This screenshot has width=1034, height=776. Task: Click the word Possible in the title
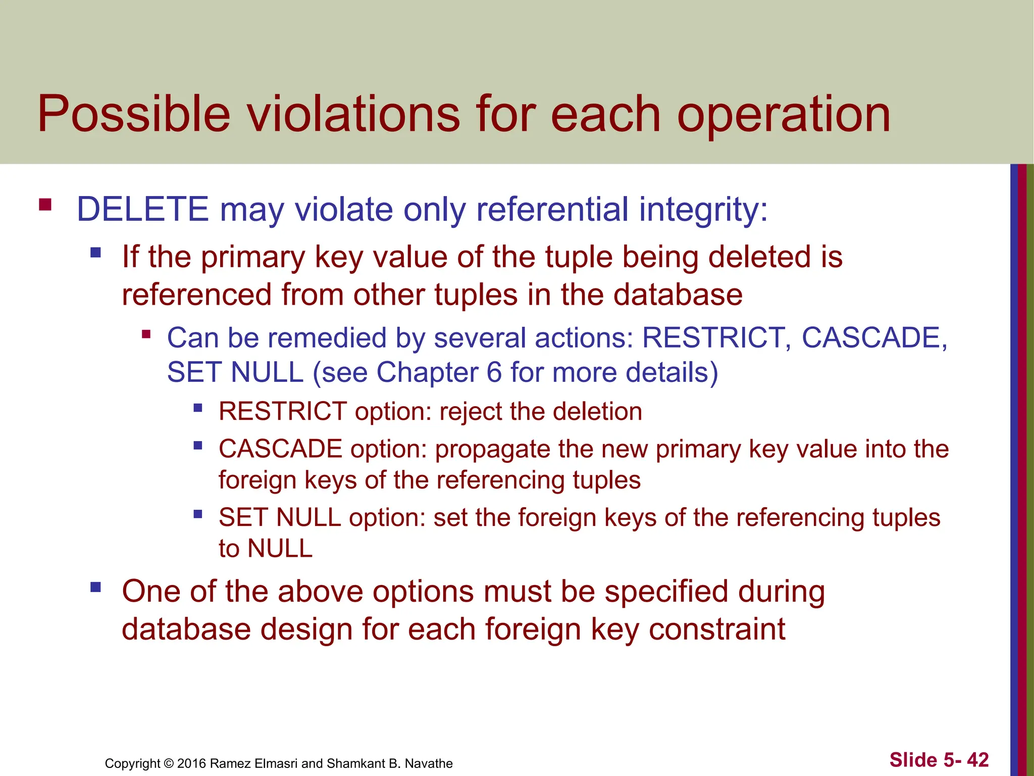(x=134, y=115)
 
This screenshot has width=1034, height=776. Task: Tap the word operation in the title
(x=784, y=115)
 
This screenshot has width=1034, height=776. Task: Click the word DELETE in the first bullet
(x=142, y=210)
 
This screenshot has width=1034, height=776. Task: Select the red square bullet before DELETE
(x=45, y=205)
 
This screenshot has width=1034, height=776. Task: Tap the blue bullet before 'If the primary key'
(x=95, y=252)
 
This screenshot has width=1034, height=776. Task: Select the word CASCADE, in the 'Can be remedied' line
(x=874, y=337)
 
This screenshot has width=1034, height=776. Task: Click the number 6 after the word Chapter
(x=494, y=372)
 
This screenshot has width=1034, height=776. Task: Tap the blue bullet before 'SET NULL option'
(x=198, y=514)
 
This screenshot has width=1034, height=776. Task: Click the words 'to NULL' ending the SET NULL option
(x=266, y=549)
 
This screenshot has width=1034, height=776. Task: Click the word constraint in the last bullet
(x=717, y=629)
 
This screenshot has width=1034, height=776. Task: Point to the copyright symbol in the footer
(x=169, y=763)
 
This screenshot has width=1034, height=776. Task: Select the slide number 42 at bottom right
(x=978, y=760)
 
